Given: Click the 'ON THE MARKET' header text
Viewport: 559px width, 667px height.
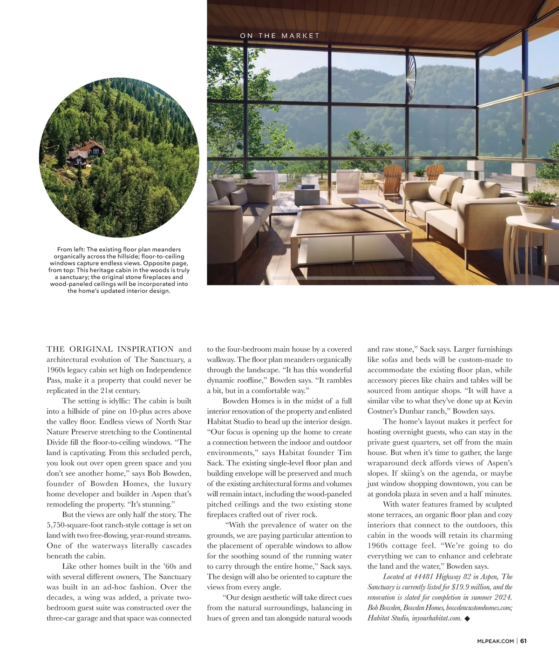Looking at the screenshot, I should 280,36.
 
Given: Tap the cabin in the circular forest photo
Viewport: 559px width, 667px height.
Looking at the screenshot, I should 87,153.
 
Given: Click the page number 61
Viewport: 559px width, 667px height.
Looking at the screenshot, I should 524,641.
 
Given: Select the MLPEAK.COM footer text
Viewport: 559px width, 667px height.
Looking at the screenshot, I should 496,641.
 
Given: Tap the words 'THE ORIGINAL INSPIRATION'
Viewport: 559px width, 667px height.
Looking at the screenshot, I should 110,349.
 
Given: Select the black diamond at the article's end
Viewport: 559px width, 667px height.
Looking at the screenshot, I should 467,619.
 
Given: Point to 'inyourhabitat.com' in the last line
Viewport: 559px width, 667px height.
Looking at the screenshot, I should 436,619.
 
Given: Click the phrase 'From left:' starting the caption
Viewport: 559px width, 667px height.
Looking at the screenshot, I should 71,249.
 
